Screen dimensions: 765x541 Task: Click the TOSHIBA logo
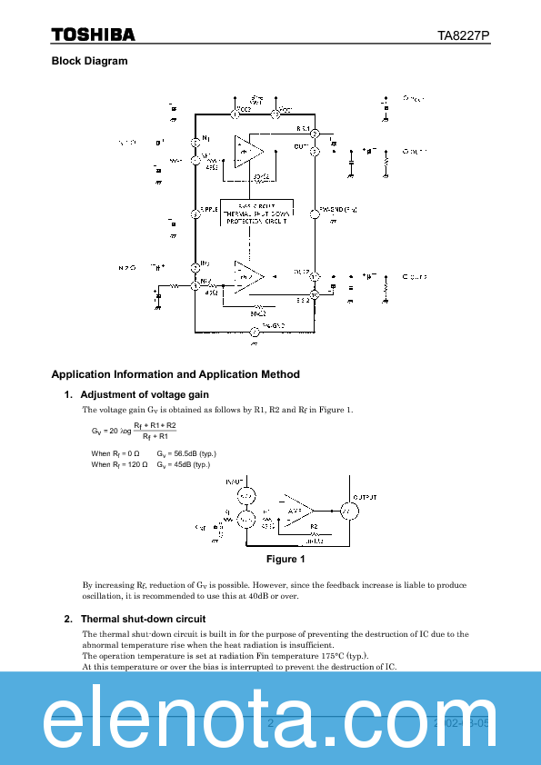(x=93, y=35)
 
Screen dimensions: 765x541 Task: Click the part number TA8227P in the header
(x=464, y=35)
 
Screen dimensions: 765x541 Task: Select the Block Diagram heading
(x=89, y=61)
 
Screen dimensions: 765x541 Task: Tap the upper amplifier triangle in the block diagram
(x=248, y=147)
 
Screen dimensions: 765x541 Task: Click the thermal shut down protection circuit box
(x=255, y=213)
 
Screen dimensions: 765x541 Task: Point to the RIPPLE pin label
(x=211, y=210)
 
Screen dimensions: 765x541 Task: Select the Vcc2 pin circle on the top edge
(x=235, y=114)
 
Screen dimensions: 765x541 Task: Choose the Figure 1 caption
(x=285, y=559)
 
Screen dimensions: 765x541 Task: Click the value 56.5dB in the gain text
(x=179, y=453)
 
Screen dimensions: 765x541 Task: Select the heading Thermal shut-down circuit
(x=141, y=619)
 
